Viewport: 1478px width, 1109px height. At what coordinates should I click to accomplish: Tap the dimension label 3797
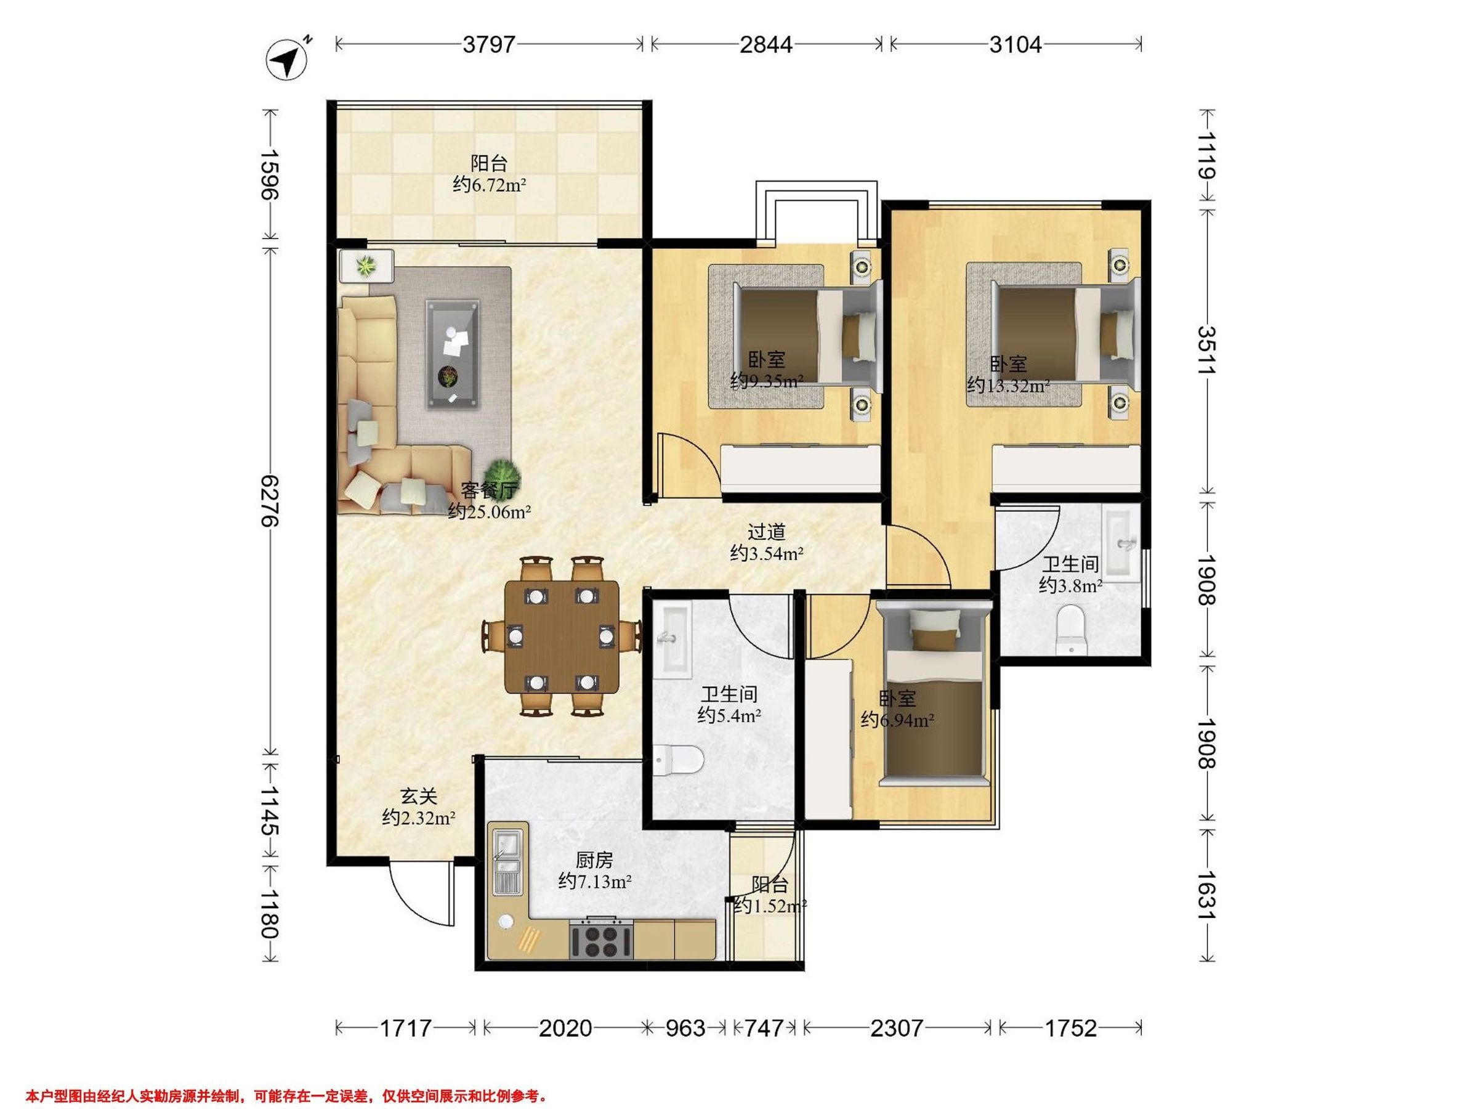489,44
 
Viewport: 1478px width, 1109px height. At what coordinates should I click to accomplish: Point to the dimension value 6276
270,501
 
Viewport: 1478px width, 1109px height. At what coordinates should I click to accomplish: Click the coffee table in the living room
453,354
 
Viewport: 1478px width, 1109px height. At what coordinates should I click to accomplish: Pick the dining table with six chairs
561,636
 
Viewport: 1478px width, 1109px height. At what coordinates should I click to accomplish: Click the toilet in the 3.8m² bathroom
1071,629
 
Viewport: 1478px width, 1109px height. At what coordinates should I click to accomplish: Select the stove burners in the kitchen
600,939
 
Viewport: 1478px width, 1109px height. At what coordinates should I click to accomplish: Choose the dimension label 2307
897,1028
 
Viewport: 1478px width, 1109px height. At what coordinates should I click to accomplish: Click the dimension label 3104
1015,44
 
